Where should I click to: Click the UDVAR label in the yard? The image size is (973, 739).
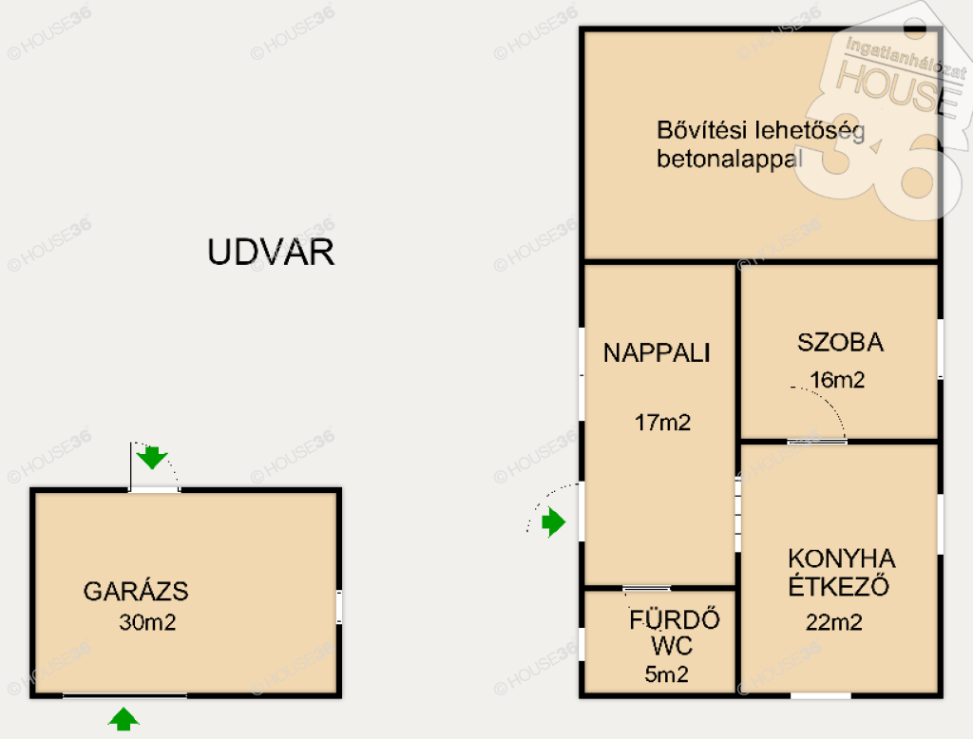[x=271, y=252]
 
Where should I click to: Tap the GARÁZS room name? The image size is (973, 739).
[x=136, y=591]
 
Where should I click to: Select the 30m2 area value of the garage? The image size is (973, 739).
[x=147, y=622]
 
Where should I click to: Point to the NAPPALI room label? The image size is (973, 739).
[x=657, y=352]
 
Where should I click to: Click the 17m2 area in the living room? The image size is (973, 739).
[x=662, y=423]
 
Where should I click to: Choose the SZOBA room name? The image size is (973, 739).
[x=840, y=343]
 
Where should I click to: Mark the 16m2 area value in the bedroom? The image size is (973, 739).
[x=837, y=380]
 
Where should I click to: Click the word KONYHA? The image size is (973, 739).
[x=842, y=559]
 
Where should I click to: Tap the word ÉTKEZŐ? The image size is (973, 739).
[x=838, y=586]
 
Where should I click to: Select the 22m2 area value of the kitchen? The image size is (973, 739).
[x=834, y=622]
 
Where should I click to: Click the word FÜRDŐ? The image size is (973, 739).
[x=675, y=619]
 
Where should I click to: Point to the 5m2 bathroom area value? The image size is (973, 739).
[x=666, y=673]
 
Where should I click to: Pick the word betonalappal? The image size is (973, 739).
[x=730, y=159]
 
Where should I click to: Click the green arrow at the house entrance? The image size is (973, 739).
[x=554, y=521]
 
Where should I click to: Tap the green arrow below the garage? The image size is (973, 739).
[x=124, y=718]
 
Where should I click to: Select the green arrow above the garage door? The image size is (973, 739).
[x=152, y=458]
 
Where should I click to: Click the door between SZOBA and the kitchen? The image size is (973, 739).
[x=816, y=442]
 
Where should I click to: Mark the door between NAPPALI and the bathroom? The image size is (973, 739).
[x=646, y=588]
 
